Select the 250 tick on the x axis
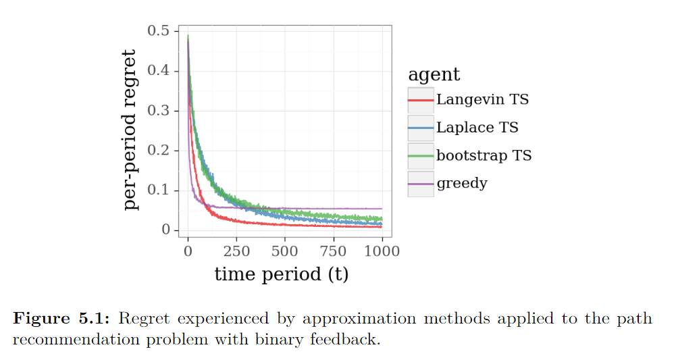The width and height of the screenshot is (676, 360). pos(236,251)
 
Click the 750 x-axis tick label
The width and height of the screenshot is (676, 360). pos(334,251)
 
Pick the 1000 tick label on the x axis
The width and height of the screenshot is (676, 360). pos(382,251)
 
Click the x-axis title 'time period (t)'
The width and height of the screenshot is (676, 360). pos(282,274)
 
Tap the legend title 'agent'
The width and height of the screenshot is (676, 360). pos(434,74)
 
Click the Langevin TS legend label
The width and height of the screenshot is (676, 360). pos(482,100)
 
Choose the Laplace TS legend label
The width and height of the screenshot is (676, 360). pos(477,128)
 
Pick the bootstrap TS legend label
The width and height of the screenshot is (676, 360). pos(484,155)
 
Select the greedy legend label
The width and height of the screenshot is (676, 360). pos(462,183)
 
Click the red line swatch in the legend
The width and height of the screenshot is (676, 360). pos(421,100)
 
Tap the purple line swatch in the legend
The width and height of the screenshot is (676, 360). pos(421,183)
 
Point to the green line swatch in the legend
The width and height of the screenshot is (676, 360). pos(421,155)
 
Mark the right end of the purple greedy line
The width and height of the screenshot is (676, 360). pos(382,209)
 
